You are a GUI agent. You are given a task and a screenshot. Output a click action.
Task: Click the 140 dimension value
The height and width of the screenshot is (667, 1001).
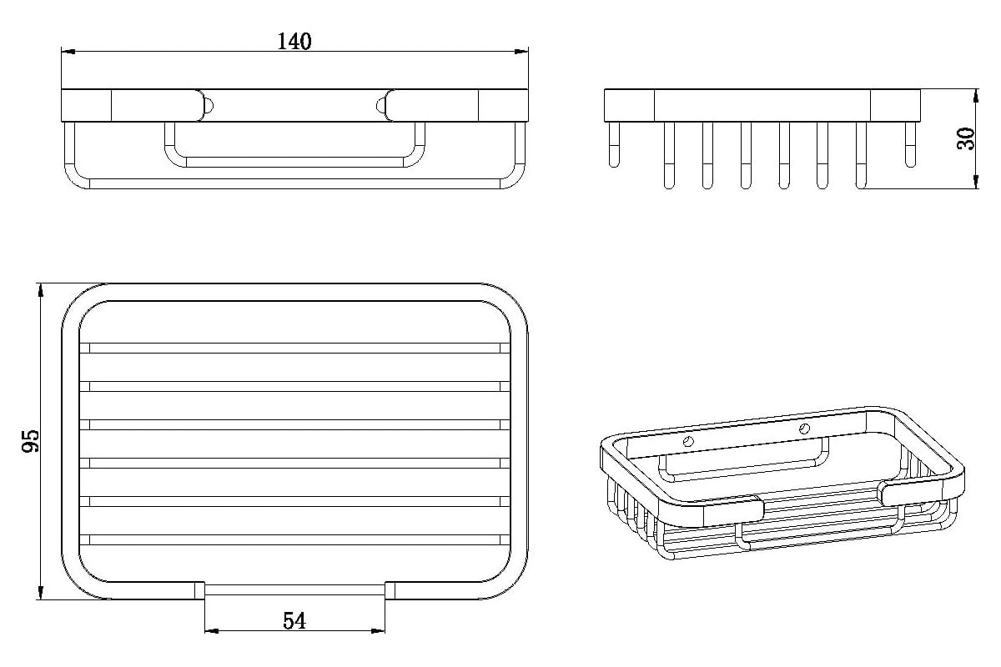(x=294, y=42)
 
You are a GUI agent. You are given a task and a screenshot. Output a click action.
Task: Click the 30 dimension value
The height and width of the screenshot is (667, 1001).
(x=966, y=138)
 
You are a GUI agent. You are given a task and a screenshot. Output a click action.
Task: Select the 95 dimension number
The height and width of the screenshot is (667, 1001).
(x=31, y=441)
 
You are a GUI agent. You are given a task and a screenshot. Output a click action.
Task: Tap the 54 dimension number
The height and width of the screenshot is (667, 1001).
(x=294, y=621)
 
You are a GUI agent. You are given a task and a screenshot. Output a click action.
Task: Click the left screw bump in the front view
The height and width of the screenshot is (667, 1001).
(x=209, y=106)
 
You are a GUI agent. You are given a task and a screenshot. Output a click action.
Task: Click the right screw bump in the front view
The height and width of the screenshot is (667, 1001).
(x=380, y=106)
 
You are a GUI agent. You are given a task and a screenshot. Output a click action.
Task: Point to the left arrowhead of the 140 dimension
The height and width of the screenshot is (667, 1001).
(x=68, y=52)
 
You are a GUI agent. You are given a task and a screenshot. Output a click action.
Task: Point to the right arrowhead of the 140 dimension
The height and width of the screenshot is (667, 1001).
(x=521, y=52)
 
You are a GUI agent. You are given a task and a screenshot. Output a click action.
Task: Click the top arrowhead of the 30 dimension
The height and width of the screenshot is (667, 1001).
(x=975, y=96)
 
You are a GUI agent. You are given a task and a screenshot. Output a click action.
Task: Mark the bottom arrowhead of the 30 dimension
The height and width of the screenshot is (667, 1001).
(x=975, y=182)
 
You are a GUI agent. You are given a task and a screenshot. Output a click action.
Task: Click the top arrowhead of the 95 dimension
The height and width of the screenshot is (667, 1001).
(x=41, y=290)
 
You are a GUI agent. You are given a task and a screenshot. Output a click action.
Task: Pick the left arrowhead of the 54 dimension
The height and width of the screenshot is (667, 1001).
(x=212, y=631)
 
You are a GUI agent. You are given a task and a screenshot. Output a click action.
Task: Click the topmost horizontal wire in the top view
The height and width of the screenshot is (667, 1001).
(x=294, y=348)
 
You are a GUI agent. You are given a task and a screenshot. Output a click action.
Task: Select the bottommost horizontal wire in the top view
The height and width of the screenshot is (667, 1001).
(x=294, y=539)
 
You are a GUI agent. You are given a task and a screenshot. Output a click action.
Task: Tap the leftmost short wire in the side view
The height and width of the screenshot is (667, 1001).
(x=614, y=145)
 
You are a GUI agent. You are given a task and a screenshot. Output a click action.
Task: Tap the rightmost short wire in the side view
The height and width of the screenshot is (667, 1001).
(x=910, y=145)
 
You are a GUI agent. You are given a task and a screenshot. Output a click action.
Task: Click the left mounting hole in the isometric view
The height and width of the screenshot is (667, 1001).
(x=689, y=442)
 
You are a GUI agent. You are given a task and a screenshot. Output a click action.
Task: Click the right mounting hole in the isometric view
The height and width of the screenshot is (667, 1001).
(x=804, y=429)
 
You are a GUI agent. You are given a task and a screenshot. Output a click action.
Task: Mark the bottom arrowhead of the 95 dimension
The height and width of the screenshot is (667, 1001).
(x=41, y=593)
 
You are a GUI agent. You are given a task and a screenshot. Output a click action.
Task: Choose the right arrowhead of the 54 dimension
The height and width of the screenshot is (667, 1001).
(x=378, y=631)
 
